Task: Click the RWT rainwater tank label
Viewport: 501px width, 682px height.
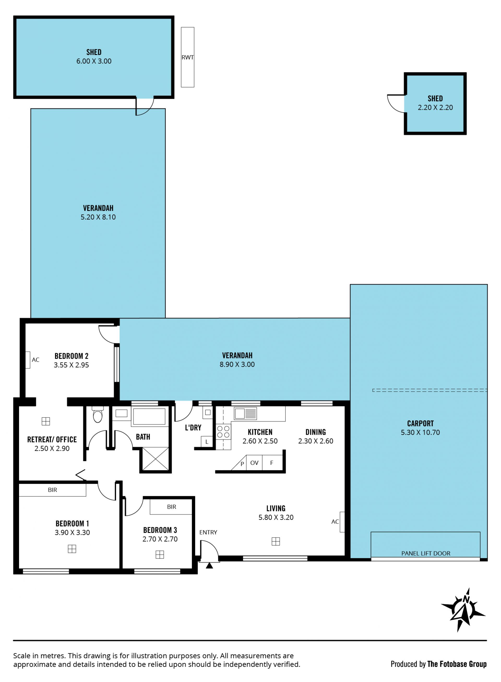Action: pos(187,57)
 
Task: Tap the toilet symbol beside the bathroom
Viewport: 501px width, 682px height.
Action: pos(98,415)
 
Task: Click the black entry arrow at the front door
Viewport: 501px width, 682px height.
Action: pos(209,566)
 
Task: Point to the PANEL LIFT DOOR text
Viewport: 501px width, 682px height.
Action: pos(426,553)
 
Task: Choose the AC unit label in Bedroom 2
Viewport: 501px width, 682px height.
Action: pos(35,360)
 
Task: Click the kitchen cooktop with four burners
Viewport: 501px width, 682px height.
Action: pos(224,432)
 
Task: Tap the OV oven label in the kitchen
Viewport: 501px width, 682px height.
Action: pos(254,463)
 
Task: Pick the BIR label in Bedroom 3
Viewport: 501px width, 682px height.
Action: pos(172,507)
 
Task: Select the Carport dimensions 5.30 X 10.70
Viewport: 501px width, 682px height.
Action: pos(420,432)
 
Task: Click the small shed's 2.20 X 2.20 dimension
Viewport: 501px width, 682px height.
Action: pos(435,108)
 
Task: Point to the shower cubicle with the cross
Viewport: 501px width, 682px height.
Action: pos(155,459)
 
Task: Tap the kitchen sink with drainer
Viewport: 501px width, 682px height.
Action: pos(245,413)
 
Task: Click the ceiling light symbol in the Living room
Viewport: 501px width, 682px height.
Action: pos(276,542)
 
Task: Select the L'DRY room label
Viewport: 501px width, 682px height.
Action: pos(193,428)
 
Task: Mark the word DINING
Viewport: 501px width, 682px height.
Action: pos(316,432)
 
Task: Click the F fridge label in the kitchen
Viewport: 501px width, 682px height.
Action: pos(272,463)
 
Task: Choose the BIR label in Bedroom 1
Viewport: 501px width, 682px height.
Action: pos(52,490)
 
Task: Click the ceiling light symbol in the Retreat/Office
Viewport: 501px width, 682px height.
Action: pos(46,421)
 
